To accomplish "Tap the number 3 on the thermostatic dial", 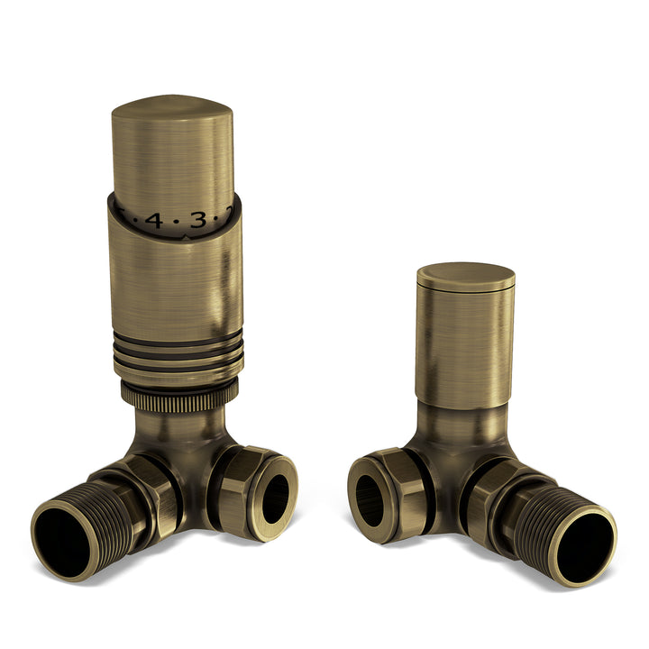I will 197,219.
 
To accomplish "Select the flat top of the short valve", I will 465,274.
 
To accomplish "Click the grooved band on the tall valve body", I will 178,353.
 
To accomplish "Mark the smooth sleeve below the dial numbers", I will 177,279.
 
